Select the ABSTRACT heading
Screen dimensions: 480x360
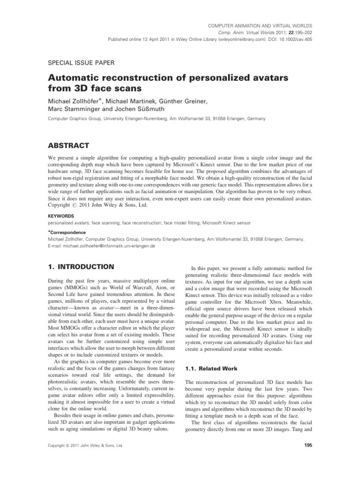click(70, 146)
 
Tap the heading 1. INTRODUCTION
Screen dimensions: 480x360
click(81, 267)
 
